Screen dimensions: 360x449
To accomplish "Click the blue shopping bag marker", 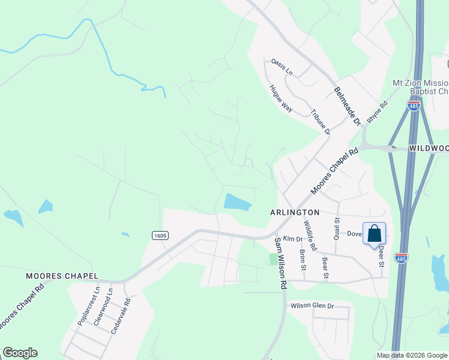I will click(374, 234).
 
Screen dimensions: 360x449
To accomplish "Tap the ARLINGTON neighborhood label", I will click(295, 213).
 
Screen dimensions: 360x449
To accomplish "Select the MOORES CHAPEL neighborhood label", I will click(62, 275).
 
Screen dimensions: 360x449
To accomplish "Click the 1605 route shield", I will click(160, 235).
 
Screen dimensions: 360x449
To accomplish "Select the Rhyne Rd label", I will click(378, 112).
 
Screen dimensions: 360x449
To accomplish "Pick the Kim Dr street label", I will click(293, 239).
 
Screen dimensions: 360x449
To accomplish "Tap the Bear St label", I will click(325, 268).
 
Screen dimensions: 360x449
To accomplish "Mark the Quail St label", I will click(337, 227).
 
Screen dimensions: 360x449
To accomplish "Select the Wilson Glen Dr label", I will click(312, 305).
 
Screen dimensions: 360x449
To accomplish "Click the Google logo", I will click(20, 353).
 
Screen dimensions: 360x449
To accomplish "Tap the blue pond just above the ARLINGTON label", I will click(238, 202).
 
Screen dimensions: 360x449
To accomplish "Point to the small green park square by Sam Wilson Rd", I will click(274, 259).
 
